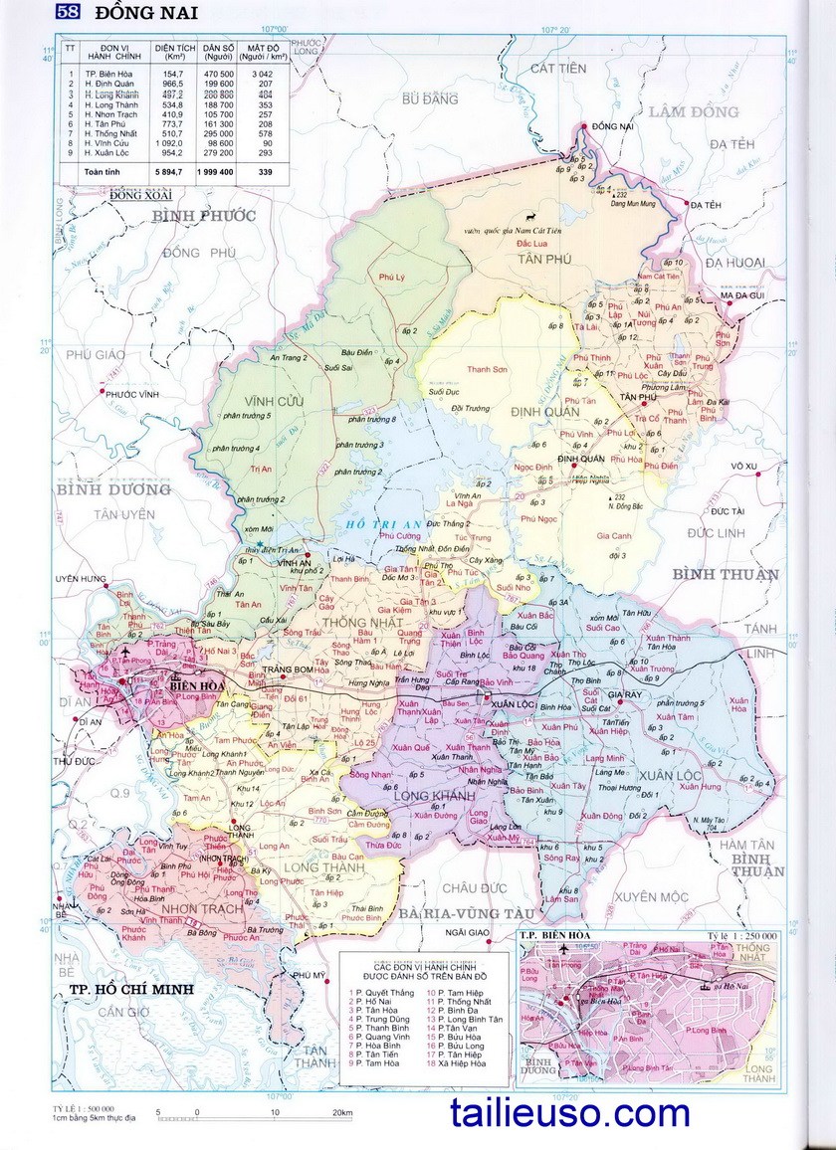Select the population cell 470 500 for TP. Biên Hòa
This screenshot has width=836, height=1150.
tap(218, 75)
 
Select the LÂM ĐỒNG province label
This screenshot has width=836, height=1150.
tap(694, 111)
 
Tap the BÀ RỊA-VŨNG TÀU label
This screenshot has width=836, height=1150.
tap(465, 912)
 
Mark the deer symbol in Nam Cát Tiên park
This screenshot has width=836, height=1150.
tap(531, 216)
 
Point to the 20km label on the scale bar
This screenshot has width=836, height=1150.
tap(342, 1112)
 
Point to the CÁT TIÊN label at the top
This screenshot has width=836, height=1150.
tap(555, 68)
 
